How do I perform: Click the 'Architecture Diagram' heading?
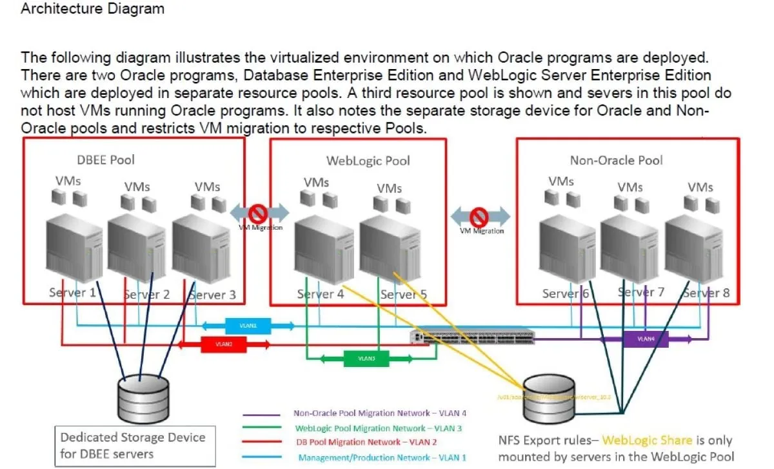pos(92,9)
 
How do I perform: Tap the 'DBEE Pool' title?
pos(106,159)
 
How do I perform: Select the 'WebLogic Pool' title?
pos(368,161)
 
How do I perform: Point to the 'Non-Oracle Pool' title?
pos(616,160)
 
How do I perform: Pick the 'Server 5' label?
pos(403,294)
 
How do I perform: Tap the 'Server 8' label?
pos(706,293)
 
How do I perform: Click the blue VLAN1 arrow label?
pos(248,326)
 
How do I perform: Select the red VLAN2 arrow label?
pos(224,344)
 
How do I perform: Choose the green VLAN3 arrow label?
pos(366,358)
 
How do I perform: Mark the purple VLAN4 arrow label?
pos(646,339)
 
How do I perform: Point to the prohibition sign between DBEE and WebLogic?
pos(259,213)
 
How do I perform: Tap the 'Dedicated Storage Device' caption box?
pos(134,446)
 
